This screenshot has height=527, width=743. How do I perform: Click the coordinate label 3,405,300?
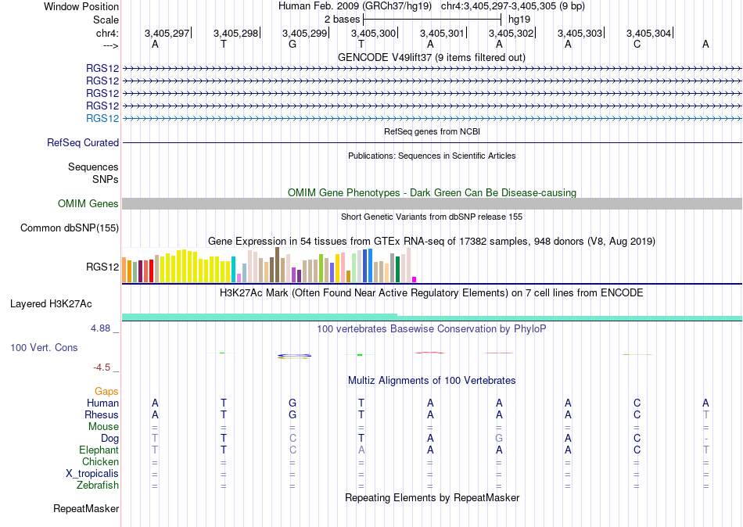373,33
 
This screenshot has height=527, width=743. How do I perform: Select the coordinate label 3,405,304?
648,33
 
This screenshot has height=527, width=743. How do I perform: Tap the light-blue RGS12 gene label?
102,119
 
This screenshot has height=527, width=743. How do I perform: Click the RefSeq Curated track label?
83,142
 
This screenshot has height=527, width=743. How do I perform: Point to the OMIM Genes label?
88,204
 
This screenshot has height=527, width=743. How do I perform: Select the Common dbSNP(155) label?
70,228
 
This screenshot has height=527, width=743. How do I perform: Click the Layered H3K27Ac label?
51,304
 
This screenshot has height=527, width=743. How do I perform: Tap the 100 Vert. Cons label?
44,347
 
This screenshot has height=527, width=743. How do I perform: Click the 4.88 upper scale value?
100,328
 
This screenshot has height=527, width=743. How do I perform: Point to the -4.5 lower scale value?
102,367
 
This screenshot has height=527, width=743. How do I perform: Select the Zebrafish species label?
98,486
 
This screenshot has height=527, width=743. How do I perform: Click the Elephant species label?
99,450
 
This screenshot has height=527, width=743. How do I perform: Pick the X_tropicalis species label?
92,474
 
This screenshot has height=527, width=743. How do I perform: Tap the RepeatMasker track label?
86,508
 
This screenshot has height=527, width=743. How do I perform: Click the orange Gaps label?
106,392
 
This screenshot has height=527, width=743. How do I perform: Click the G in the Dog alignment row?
499,439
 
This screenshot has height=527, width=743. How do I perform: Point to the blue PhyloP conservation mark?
294,356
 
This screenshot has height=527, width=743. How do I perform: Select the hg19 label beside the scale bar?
519,20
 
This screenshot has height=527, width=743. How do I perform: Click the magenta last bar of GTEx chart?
415,280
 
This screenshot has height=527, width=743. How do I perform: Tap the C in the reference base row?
637,44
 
